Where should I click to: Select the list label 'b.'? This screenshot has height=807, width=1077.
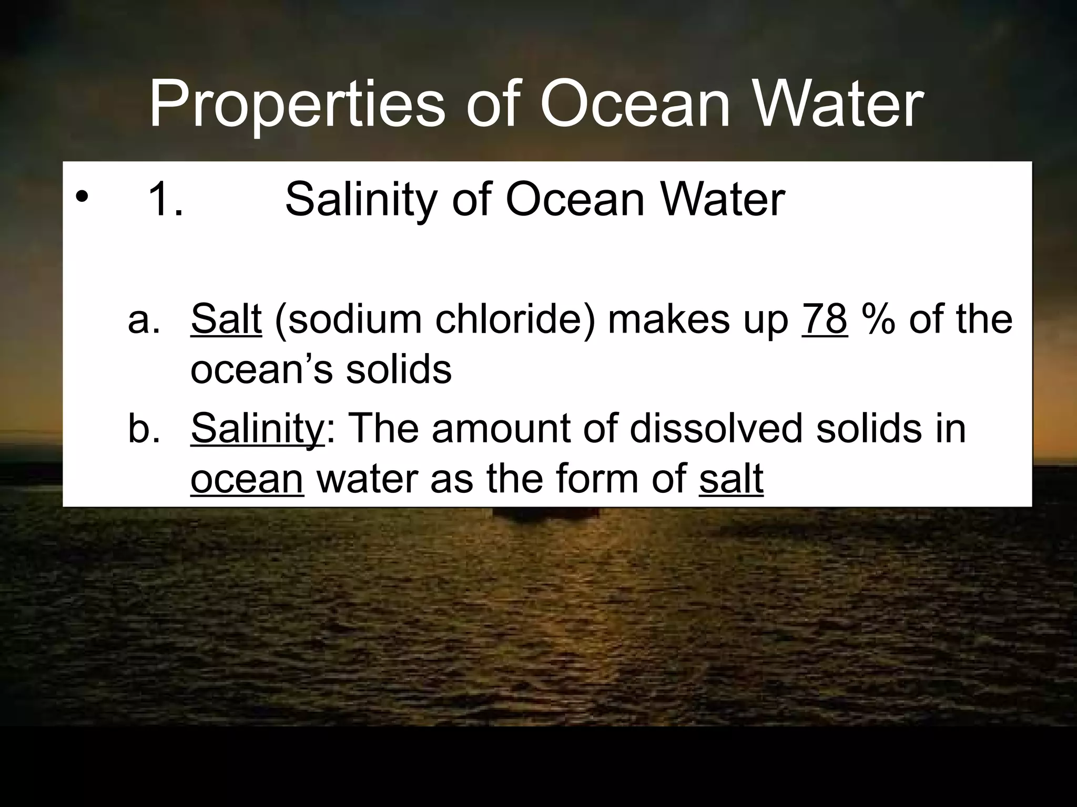pyautogui.click(x=144, y=428)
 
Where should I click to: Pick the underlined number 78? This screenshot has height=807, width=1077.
pyautogui.click(x=825, y=319)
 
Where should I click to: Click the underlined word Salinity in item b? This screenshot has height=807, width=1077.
pyautogui.click(x=258, y=429)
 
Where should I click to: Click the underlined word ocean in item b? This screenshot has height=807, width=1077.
pyautogui.click(x=247, y=479)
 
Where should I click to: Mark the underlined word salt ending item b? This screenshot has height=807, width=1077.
pyautogui.click(x=731, y=479)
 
